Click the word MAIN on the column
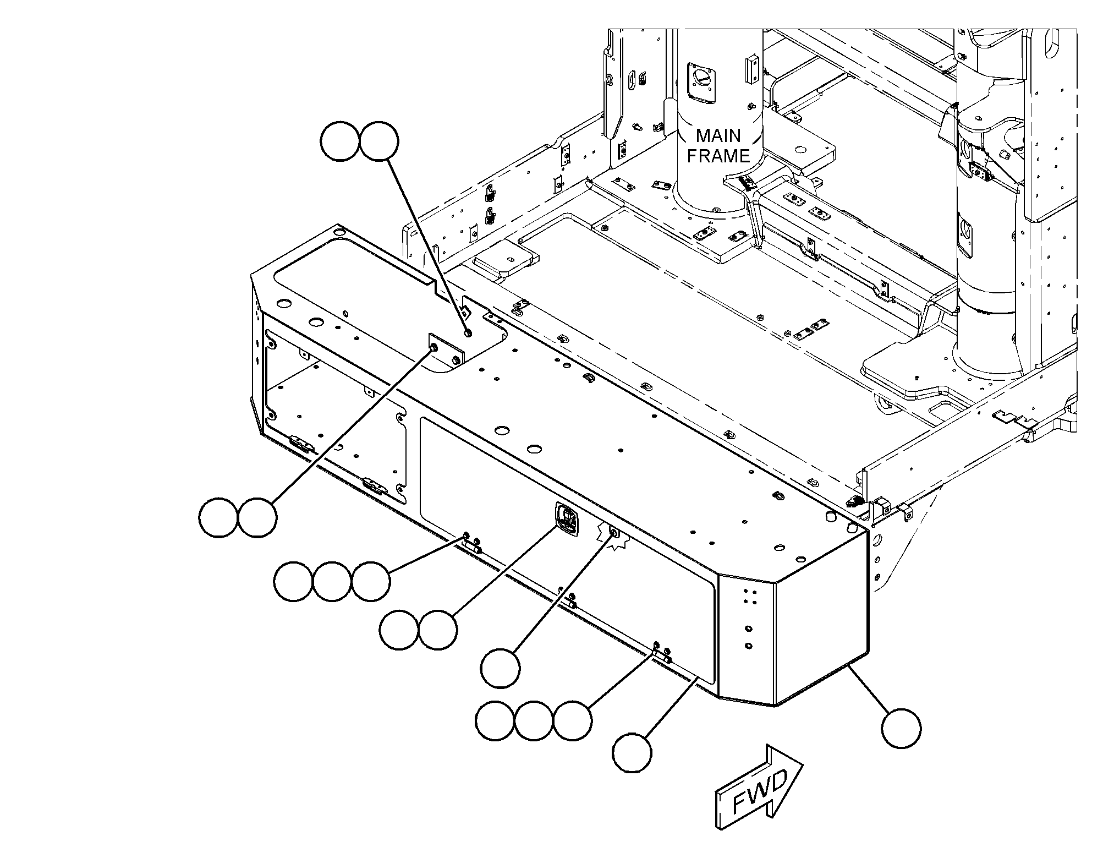coord(718,135)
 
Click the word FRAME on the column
coord(718,156)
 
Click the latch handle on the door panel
coord(567,520)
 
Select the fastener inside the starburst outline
coord(614,533)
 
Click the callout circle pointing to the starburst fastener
coord(500,668)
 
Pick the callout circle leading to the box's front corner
coord(901,728)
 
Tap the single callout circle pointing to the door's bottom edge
coord(633,752)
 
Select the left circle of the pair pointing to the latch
coord(399,629)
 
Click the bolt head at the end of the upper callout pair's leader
coord(468,332)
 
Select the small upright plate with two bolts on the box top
coord(445,352)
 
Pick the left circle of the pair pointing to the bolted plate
coord(218,518)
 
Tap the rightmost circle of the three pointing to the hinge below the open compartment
coord(371,581)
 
